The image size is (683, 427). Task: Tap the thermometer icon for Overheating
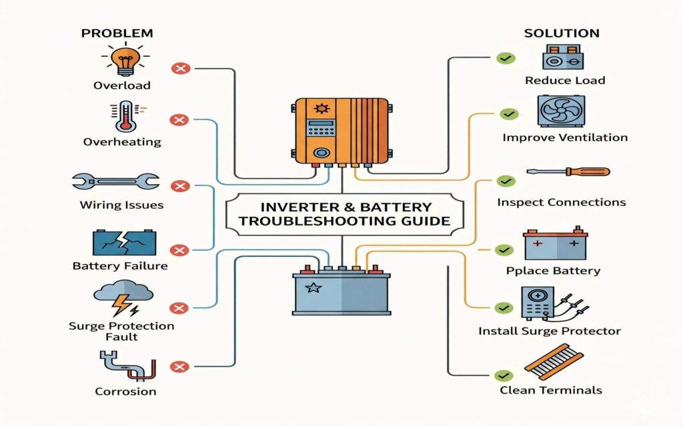[125, 116]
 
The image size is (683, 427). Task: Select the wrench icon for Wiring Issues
[115, 181]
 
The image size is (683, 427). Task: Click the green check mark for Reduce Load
[506, 58]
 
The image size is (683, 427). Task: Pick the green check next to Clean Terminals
[506, 376]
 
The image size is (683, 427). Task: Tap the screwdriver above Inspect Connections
[568, 171]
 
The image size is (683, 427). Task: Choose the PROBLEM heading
[117, 33]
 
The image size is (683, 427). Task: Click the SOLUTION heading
[562, 33]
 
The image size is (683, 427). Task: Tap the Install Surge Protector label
[550, 331]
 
